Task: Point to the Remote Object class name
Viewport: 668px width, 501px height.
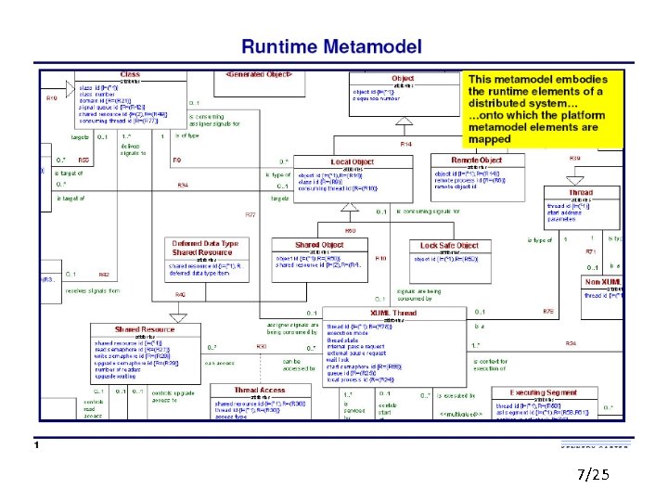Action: point(478,161)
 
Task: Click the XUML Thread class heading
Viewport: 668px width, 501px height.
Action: point(393,313)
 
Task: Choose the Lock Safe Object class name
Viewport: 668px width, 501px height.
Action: point(449,245)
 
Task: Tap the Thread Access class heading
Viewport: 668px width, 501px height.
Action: point(259,390)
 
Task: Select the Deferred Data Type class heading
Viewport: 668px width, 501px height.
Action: point(204,243)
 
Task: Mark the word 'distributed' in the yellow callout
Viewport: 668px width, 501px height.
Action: point(501,103)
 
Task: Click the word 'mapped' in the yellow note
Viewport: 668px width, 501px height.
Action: point(489,139)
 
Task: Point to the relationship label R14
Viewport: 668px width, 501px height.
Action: point(405,144)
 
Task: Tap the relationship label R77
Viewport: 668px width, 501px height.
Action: point(250,214)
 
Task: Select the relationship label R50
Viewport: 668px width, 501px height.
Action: point(351,230)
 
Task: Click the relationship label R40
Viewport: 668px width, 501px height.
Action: point(180,294)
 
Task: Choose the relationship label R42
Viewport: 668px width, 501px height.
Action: point(104,275)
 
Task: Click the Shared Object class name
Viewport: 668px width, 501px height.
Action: point(319,245)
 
